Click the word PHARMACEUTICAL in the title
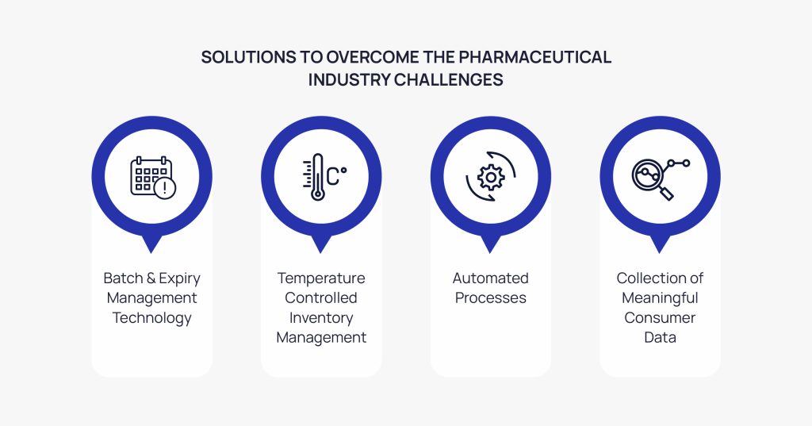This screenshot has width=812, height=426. click(x=539, y=57)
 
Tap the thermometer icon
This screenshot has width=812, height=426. click(x=317, y=177)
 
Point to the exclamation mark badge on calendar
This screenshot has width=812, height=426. click(x=165, y=187)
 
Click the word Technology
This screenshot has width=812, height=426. click(x=152, y=318)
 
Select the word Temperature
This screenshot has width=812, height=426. click(x=321, y=278)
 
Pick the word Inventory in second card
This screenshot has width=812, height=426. click(x=321, y=318)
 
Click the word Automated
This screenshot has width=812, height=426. click(x=490, y=278)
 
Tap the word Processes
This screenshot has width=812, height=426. click(x=490, y=298)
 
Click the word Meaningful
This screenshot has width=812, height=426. click(x=660, y=298)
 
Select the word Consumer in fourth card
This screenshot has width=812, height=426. click(x=660, y=318)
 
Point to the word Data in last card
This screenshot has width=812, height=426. click(x=660, y=338)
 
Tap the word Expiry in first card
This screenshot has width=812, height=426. click(x=178, y=278)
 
